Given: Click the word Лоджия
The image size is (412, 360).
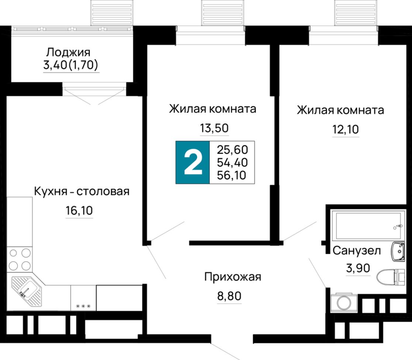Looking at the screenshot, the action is click(x=68, y=52).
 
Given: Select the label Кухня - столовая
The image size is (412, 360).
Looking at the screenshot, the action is click(x=82, y=191).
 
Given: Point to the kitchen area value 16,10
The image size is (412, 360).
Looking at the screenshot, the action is click(x=79, y=211).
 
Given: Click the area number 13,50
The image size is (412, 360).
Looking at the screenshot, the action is click(x=214, y=128).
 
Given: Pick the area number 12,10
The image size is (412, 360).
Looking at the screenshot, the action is click(x=346, y=129).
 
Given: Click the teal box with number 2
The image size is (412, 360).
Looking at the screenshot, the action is click(x=193, y=162).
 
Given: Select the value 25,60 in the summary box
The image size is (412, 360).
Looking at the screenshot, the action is click(x=233, y=150).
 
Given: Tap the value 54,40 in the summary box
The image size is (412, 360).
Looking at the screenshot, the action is click(x=232, y=162).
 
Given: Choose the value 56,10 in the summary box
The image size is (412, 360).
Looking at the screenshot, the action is click(x=231, y=175).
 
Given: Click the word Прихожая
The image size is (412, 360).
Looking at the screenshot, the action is click(x=233, y=277).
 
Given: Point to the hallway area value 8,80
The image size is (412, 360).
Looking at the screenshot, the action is click(x=229, y=296).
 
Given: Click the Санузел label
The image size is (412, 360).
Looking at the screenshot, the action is click(x=357, y=251).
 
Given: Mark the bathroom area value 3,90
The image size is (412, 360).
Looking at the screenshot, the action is click(x=358, y=268).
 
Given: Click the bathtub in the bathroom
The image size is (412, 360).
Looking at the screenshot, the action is click(x=368, y=225).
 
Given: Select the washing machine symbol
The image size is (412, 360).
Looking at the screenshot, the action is click(x=344, y=303).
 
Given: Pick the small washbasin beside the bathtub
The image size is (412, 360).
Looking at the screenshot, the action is click(x=398, y=252).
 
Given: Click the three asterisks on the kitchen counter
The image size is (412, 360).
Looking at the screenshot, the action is click(x=83, y=306).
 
